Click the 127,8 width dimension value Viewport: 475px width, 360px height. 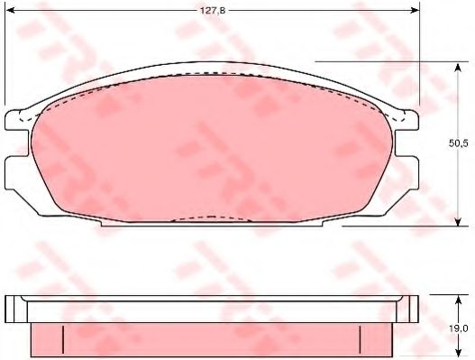tap(213, 11)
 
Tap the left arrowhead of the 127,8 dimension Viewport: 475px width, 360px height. tap(11, 11)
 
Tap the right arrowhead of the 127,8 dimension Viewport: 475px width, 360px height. tap(415, 11)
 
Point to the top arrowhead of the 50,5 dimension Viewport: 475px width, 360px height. tap(459, 67)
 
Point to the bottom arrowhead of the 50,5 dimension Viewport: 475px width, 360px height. tap(459, 221)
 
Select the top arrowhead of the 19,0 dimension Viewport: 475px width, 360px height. tap(459, 300)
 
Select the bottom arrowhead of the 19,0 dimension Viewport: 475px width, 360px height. tap(459, 352)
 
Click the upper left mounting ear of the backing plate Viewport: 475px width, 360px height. tap(16, 120)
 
